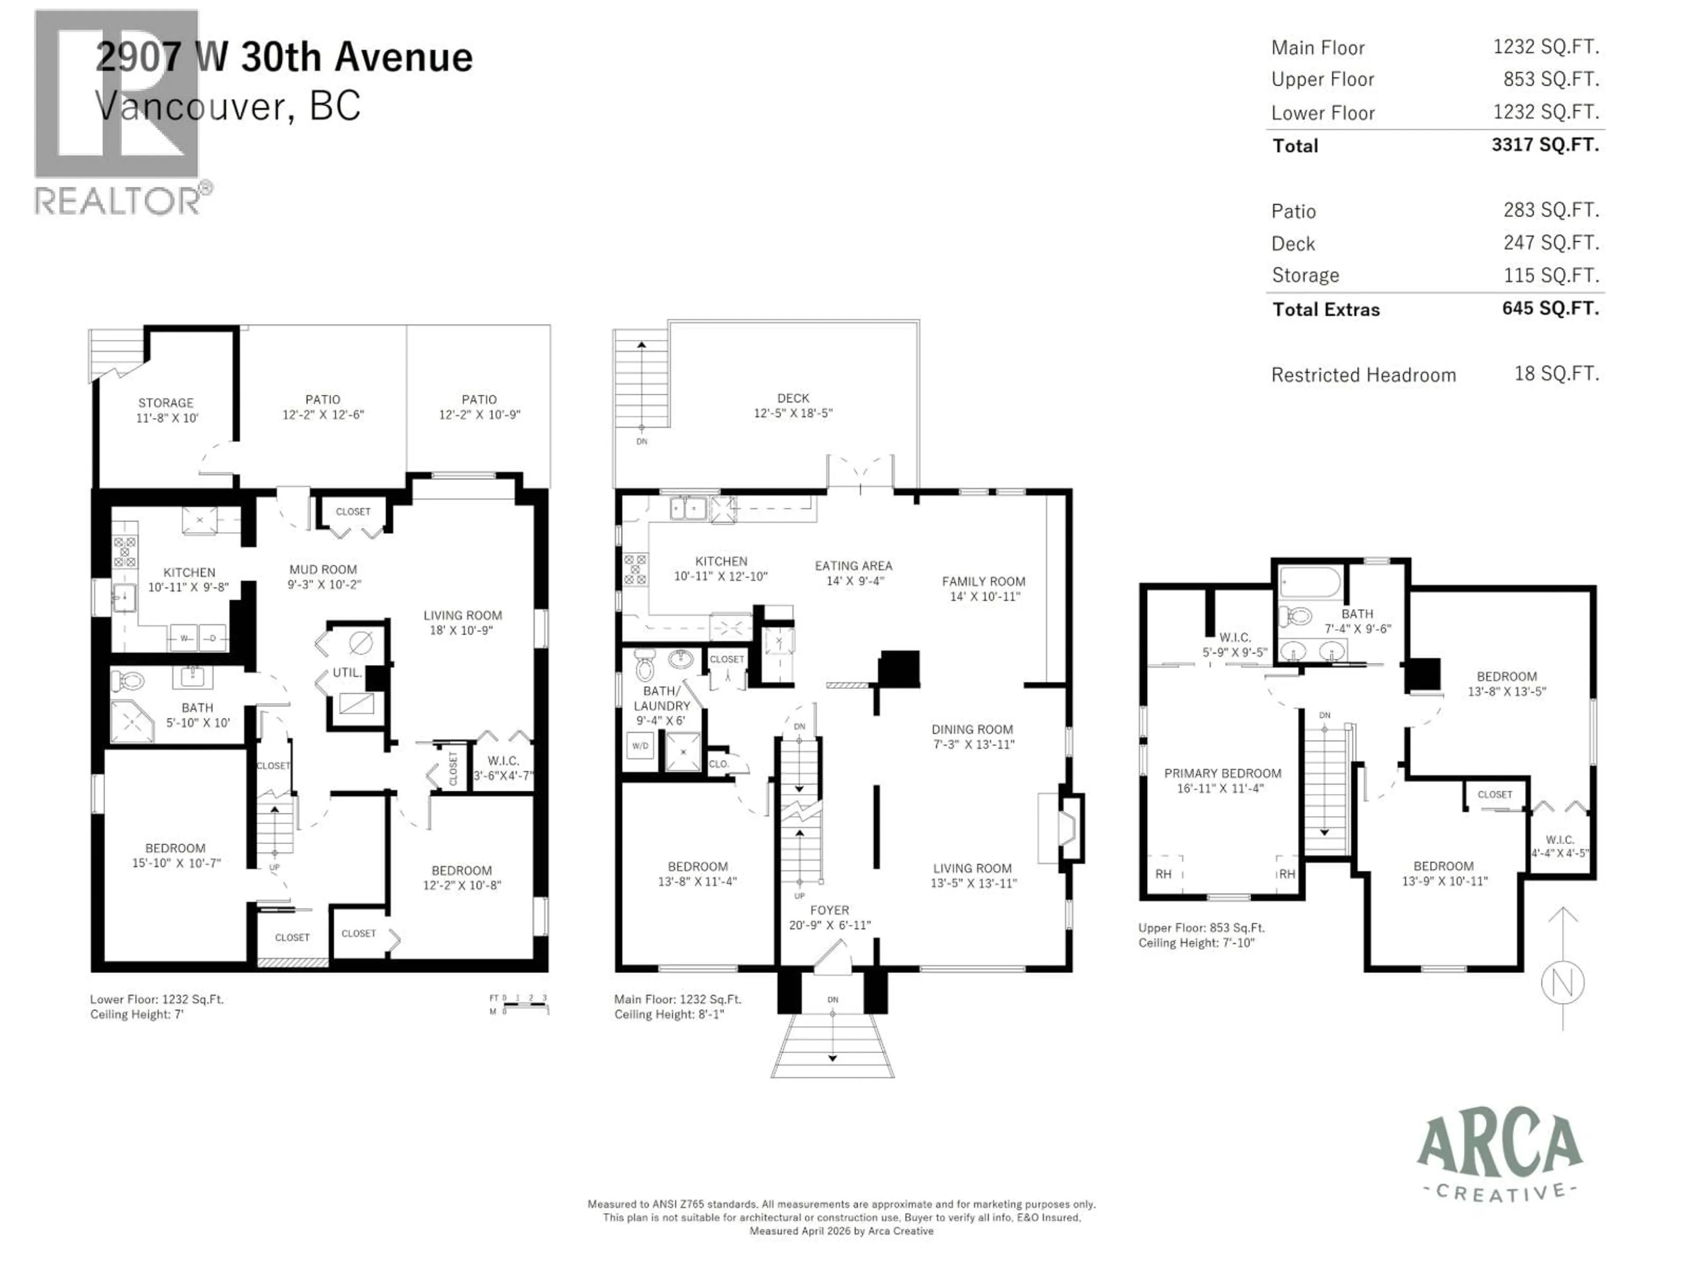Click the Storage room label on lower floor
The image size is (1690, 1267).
[x=166, y=403]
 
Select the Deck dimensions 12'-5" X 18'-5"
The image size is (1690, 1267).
[x=793, y=413]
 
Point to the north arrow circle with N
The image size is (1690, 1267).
[x=1562, y=983]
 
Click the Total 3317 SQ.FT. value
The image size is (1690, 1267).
[x=1545, y=144]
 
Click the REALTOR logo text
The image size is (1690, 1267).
[x=118, y=201]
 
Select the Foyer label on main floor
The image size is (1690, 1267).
[x=829, y=910]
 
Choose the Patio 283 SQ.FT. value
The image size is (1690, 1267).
[x=1551, y=210]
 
